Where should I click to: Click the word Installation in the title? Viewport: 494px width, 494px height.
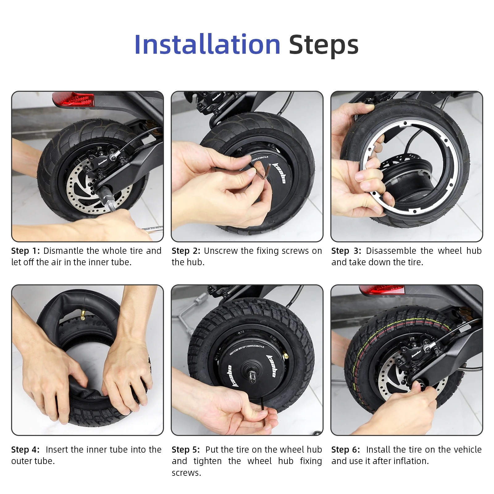[207, 45]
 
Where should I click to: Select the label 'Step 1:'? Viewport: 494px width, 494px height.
[25, 251]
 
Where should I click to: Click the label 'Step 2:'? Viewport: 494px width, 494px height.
[186, 251]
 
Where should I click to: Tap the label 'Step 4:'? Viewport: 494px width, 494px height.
[25, 450]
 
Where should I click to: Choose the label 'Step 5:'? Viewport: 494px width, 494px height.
[186, 450]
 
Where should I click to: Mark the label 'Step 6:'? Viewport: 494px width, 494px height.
[345, 450]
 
